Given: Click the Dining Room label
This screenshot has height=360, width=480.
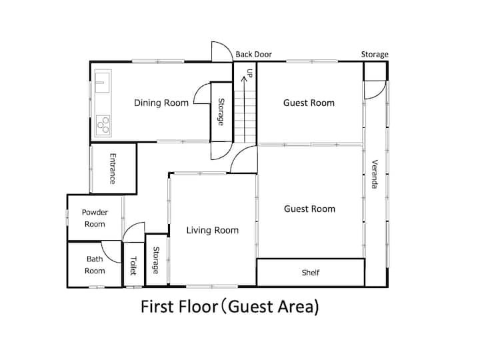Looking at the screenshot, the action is click(161, 103).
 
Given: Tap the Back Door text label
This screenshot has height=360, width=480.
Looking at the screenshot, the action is click(254, 55).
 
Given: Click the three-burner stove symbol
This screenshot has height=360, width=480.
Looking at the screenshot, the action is click(103, 125).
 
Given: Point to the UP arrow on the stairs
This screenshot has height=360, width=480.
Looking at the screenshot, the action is click(244, 109).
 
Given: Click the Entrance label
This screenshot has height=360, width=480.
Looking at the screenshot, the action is click(113, 169).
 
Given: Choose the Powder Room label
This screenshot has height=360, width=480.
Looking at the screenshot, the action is click(95, 218).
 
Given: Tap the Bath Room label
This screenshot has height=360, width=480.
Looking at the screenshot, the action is click(95, 265).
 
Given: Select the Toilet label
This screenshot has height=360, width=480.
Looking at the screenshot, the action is click(133, 266).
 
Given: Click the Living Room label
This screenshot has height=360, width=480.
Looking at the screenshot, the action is click(213, 230).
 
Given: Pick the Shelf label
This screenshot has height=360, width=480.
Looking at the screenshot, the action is click(311, 273).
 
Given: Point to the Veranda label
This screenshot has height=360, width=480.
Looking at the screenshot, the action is click(375, 174).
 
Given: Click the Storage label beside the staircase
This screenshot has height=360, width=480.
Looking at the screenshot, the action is click(221, 112).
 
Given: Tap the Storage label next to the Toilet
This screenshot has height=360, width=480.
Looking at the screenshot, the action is click(156, 260).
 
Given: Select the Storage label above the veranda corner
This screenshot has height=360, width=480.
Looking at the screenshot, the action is click(375, 55).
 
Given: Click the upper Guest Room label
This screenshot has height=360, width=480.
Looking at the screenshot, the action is click(309, 103).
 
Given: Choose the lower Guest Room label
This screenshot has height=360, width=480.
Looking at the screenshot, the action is click(309, 209).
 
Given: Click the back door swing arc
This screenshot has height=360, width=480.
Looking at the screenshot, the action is click(227, 47).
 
